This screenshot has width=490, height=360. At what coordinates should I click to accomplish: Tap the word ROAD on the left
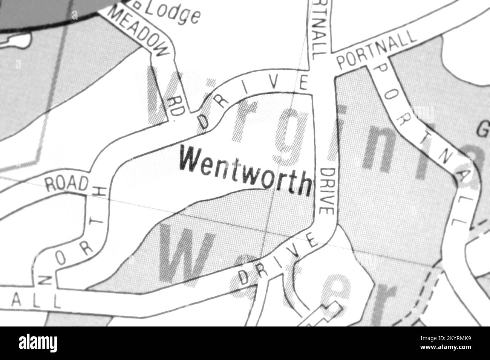pos(66,183)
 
